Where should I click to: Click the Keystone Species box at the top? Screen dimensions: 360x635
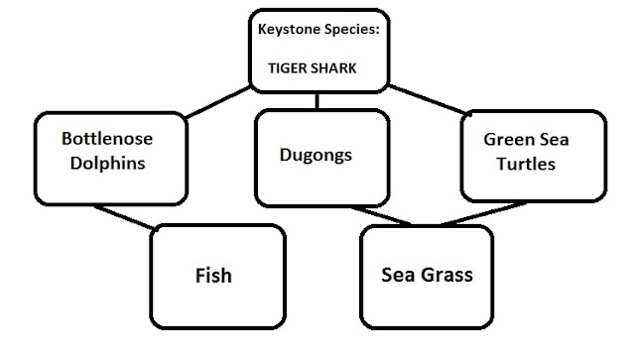(318, 50)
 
